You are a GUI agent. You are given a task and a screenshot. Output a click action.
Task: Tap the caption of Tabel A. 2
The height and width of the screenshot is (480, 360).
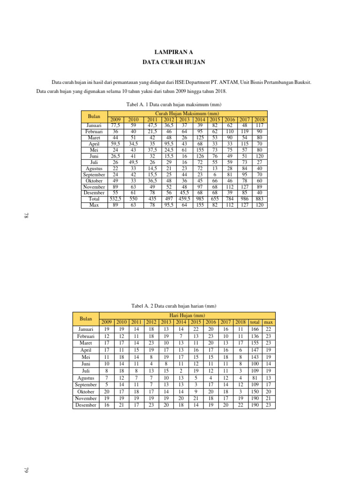[174, 306]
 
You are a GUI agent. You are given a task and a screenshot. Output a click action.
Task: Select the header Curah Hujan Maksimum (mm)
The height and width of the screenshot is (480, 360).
[187, 114]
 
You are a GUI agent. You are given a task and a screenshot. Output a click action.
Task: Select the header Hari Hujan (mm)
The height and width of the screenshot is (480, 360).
[187, 315]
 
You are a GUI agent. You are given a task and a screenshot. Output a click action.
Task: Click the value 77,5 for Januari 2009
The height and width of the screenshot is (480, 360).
[115, 126]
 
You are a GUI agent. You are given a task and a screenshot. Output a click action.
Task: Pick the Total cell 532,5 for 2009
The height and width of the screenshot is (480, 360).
[115, 199]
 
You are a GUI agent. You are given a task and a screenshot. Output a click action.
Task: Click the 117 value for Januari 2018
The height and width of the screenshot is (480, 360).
[259, 126]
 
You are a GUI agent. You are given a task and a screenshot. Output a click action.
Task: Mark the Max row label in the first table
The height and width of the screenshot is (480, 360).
[94, 205]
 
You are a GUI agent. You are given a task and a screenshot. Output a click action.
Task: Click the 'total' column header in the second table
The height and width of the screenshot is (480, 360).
[255, 322]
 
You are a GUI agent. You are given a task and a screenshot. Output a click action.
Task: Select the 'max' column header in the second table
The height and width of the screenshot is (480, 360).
[269, 322]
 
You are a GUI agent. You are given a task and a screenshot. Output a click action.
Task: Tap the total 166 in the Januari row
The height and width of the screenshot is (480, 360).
[255, 329]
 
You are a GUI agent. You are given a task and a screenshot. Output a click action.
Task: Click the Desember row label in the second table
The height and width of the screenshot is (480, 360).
[86, 405]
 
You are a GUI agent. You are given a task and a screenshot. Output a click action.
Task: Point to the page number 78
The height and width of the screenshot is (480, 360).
[26, 215]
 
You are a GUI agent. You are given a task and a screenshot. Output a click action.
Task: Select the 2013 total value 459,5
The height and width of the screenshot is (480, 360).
[184, 199]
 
